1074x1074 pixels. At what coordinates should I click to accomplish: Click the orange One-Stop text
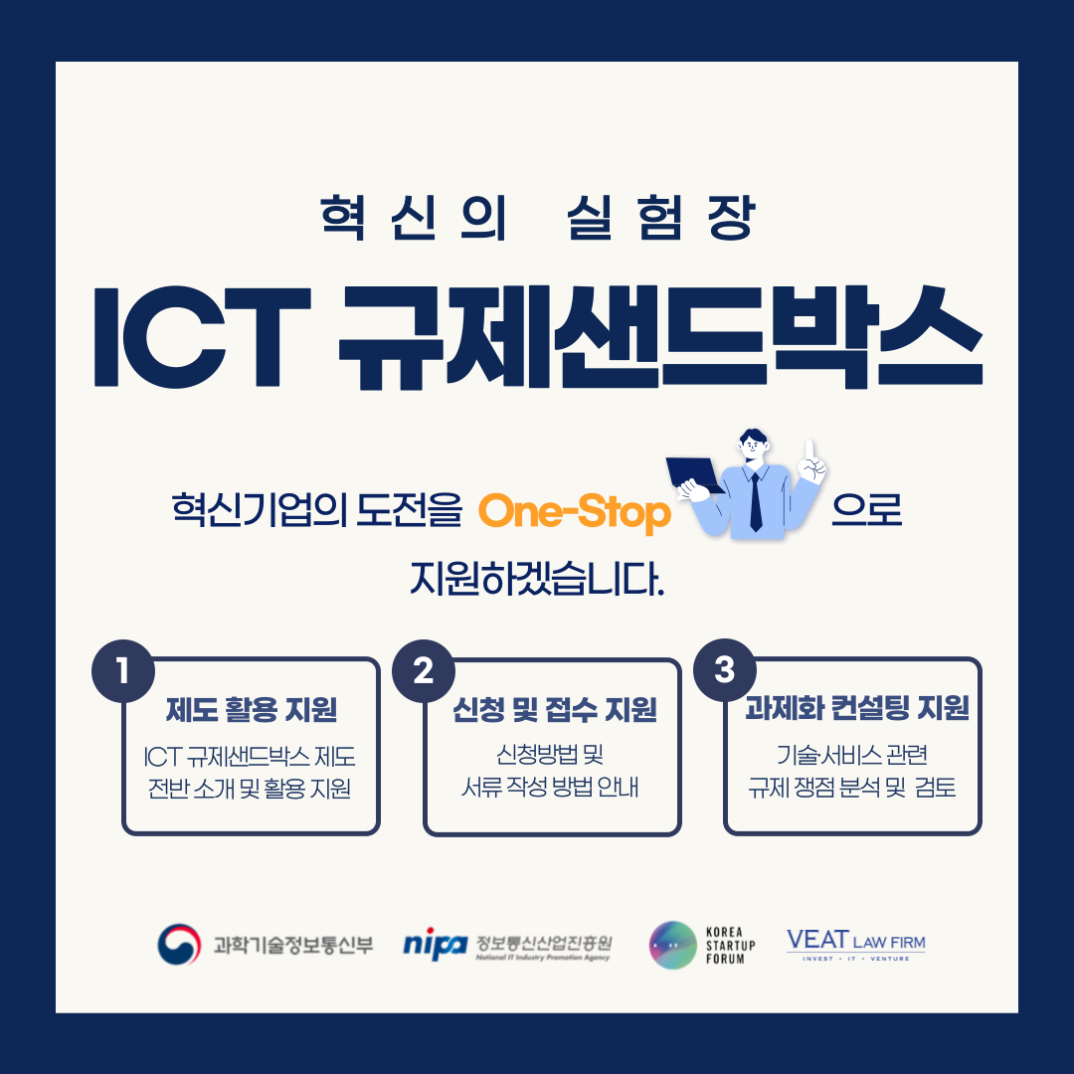(x=574, y=514)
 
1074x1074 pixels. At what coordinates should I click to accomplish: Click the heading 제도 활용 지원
(x=251, y=710)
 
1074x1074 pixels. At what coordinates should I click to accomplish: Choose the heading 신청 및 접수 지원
(x=554, y=710)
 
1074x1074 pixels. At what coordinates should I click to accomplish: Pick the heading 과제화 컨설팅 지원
(x=856, y=710)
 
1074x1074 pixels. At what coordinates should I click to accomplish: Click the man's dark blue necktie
(x=756, y=501)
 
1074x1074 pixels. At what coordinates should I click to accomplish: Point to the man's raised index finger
(x=809, y=449)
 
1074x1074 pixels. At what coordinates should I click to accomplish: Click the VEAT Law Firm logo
(x=855, y=944)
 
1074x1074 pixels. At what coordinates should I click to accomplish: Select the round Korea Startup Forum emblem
(x=672, y=945)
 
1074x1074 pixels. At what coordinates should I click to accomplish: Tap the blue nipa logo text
(x=435, y=944)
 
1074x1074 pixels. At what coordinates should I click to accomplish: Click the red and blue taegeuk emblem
(x=179, y=944)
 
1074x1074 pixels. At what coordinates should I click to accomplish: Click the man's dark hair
(x=754, y=439)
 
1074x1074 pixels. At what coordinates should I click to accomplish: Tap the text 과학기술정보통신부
(x=292, y=944)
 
